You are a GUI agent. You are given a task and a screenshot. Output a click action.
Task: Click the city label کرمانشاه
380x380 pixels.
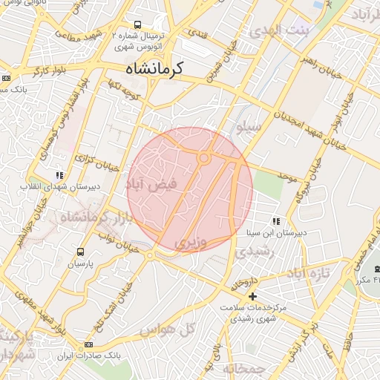click(158, 70)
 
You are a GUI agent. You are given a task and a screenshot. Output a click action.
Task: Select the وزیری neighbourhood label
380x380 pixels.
click(191, 243)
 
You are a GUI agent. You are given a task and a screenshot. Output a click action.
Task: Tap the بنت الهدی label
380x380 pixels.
click(272, 30)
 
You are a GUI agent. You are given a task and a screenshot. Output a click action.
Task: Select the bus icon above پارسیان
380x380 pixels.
click(81, 252)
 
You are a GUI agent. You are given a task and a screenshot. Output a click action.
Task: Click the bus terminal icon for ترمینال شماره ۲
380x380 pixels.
click(137, 24)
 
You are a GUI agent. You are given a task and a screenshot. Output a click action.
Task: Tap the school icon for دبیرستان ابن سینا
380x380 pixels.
click(276, 221)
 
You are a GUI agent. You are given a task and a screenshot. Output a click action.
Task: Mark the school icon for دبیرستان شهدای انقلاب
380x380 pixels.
click(59, 176)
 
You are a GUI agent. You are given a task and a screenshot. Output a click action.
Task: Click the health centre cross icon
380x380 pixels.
click(253, 296)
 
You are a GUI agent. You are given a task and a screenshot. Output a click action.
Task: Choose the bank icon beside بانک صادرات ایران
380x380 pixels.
click(89, 344)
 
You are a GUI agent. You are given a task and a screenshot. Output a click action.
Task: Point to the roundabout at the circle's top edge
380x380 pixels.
click(203, 157)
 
